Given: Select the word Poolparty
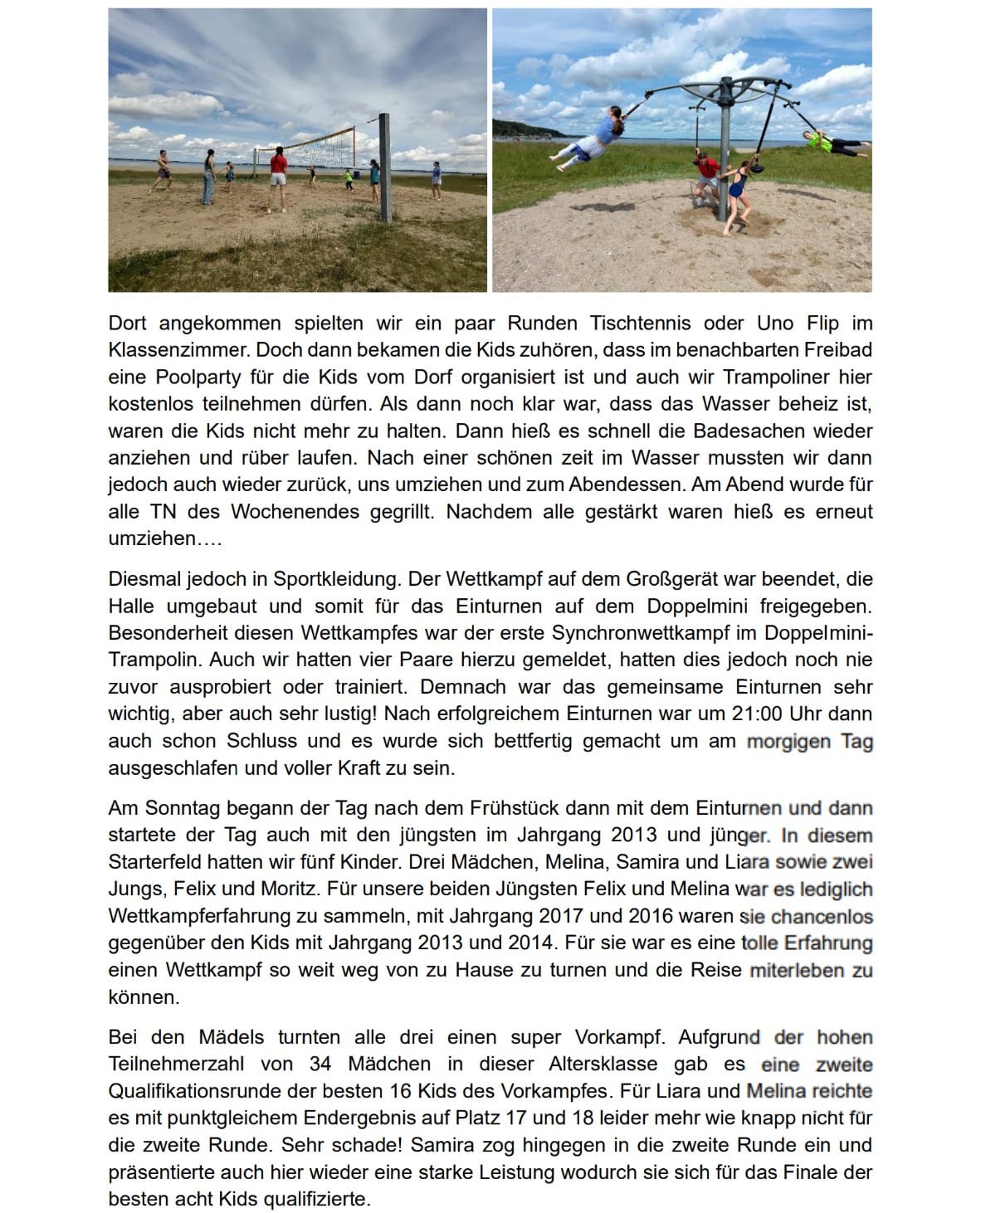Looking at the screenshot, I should [197, 376].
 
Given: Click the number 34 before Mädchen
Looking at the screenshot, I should [320, 1064].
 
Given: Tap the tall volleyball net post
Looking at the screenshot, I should [384, 168].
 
